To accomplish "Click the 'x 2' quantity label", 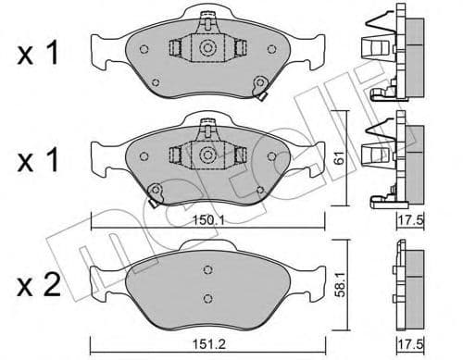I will point(40,281).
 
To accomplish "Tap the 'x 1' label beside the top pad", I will point(40,54).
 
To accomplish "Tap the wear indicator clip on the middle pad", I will point(155,192).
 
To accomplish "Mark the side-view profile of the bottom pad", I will point(405,282).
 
